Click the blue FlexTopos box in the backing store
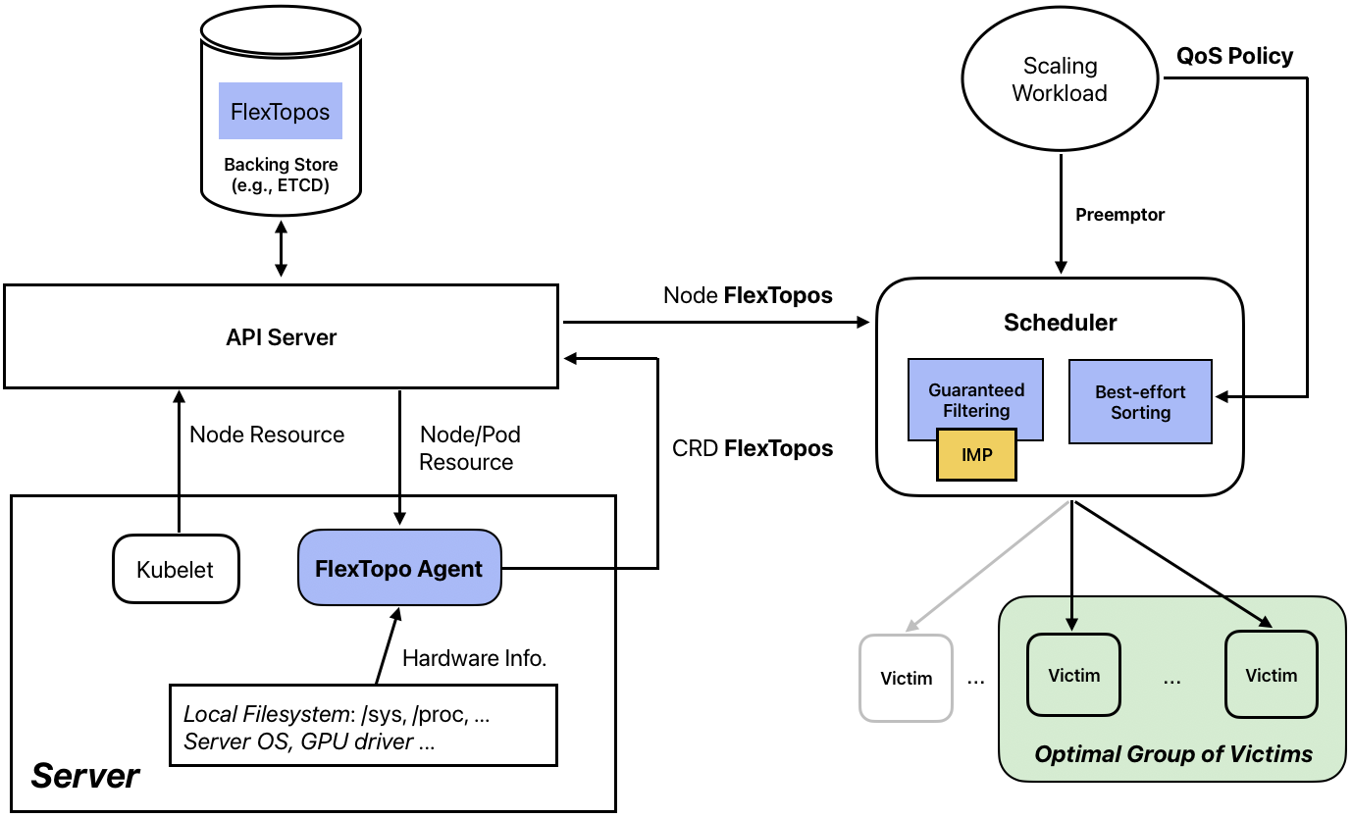281,110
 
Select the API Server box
281,336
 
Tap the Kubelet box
176,569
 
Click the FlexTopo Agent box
398,569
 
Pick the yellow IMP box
976,454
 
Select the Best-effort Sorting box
1140,401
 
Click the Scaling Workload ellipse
1060,79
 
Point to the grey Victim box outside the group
906,678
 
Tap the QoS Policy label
1234,56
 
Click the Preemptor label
1119,215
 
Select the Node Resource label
267,435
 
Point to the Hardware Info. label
475,658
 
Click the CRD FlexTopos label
753,448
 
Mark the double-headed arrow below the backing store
282,250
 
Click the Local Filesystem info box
363,726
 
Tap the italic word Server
85,776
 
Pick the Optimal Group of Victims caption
1173,754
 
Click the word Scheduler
1060,322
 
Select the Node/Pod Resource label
469,447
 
